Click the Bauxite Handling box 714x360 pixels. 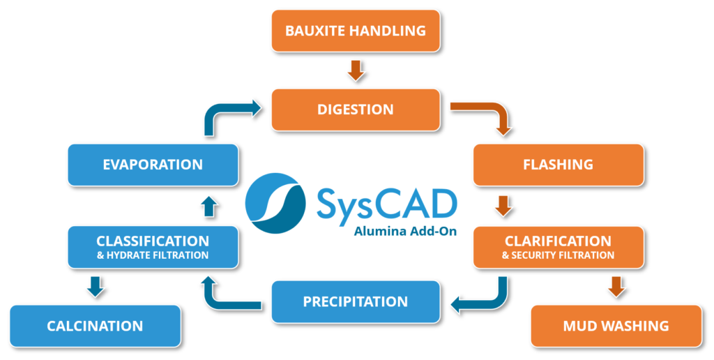coord(356,31)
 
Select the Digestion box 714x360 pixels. coord(356,110)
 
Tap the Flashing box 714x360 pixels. coord(558,165)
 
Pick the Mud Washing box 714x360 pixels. coord(616,326)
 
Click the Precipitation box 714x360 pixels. coord(356,301)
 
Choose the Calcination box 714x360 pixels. coord(95,326)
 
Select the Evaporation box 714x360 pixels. coord(153,165)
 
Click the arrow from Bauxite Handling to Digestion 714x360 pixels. coord(356,70)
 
